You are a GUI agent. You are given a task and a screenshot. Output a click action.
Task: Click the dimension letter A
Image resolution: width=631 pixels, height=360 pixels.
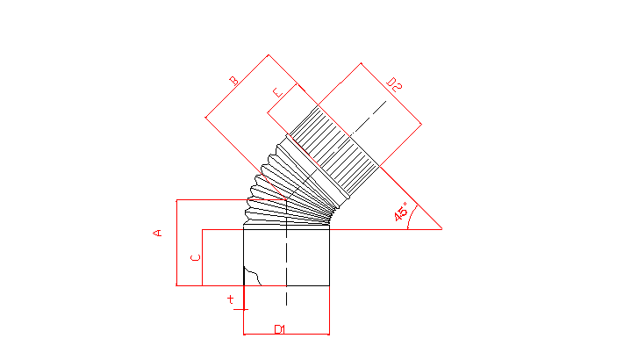click(157, 233)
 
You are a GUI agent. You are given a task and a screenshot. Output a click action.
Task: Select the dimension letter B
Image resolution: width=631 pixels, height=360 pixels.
click(233, 81)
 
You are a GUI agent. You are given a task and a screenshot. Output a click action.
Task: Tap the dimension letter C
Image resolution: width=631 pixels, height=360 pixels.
click(196, 257)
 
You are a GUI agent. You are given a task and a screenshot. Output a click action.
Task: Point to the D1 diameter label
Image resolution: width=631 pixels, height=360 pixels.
click(280, 329)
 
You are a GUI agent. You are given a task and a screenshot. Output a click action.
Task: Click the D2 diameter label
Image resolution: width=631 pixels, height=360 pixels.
click(394, 84)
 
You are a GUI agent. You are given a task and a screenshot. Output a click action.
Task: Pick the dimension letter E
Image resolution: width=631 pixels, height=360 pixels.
click(277, 92)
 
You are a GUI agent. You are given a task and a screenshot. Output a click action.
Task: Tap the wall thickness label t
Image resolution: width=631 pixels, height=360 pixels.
click(230, 299)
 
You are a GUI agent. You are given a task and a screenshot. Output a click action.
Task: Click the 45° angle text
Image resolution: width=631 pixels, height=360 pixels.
click(401, 212)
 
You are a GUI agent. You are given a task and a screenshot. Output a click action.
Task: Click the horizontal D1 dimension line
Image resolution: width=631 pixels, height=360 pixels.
click(286, 334)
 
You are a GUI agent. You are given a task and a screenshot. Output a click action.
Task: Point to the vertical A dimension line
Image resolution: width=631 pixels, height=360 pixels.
click(176, 242)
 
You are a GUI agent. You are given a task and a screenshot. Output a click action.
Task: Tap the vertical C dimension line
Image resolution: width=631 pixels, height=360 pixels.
click(202, 257)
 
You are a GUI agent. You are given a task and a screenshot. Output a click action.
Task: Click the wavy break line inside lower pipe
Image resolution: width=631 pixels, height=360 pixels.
click(253, 276)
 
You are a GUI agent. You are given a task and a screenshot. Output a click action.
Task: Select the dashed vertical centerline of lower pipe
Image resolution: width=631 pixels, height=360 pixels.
click(286, 253)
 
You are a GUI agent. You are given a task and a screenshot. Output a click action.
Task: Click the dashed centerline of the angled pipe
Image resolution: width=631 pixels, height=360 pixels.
click(336, 150)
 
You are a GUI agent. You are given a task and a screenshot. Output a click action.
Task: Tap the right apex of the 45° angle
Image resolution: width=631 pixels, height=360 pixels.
click(441, 229)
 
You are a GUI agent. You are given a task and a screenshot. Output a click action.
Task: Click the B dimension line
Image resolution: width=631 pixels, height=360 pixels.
click(237, 86)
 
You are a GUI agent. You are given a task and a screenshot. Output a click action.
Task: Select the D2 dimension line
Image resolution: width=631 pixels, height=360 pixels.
click(391, 93)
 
